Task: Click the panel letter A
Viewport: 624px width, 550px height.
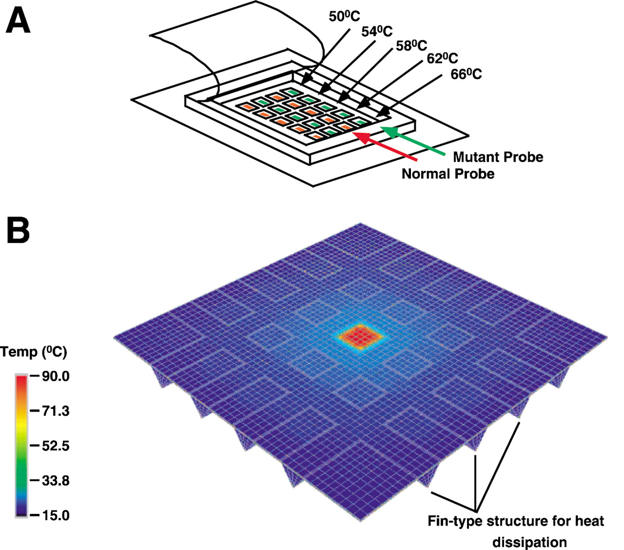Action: coord(18,20)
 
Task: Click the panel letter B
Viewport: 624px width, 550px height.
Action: coord(18,231)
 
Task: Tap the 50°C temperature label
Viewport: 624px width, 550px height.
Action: coord(344,16)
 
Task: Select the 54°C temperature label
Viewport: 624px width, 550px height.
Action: coord(377,31)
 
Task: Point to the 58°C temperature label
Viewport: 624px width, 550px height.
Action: coord(411,45)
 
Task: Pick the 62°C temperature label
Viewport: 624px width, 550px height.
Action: coord(442,58)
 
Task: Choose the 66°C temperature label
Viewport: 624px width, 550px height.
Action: coord(466,74)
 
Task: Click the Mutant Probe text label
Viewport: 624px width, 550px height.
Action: coord(498,157)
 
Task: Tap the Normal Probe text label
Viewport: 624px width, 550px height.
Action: coord(448,174)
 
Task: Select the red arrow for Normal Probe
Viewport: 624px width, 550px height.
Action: coord(384,146)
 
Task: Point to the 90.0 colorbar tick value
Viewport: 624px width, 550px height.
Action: coord(56,376)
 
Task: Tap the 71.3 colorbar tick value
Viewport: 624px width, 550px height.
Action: coord(56,411)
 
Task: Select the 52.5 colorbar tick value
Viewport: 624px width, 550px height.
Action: coord(56,446)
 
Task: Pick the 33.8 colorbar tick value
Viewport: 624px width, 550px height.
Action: coord(56,481)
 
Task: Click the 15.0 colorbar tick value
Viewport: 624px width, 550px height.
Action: coord(56,515)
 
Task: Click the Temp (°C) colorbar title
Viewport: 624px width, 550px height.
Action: coord(34,352)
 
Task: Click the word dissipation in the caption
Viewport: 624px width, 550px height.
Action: coord(529,542)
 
